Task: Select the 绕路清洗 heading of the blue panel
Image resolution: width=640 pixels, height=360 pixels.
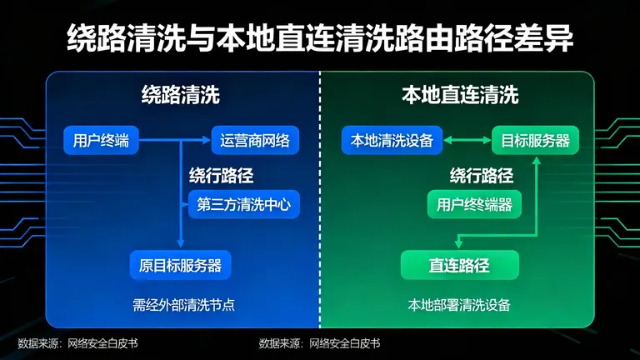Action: [x=180, y=95]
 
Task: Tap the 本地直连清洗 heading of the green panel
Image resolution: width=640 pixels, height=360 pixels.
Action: [x=459, y=95]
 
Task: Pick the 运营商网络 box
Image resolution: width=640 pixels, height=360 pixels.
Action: [x=255, y=141]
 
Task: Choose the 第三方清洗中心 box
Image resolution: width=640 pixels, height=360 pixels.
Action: [x=243, y=204]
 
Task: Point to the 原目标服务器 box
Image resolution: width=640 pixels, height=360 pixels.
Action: [x=180, y=266]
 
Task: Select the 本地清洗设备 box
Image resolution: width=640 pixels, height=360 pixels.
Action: [x=392, y=141]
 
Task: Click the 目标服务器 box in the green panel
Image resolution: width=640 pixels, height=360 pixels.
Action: [x=535, y=141]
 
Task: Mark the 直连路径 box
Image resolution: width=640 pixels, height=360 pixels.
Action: [x=459, y=266]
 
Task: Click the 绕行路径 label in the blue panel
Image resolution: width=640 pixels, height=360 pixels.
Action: [x=220, y=176]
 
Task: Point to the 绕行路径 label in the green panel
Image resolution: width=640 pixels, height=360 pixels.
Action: [x=481, y=176]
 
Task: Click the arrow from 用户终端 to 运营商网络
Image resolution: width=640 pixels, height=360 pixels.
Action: [x=175, y=141]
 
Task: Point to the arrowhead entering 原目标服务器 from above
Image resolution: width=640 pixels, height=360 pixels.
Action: [x=181, y=243]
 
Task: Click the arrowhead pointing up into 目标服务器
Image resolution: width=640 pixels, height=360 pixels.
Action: [x=537, y=160]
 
